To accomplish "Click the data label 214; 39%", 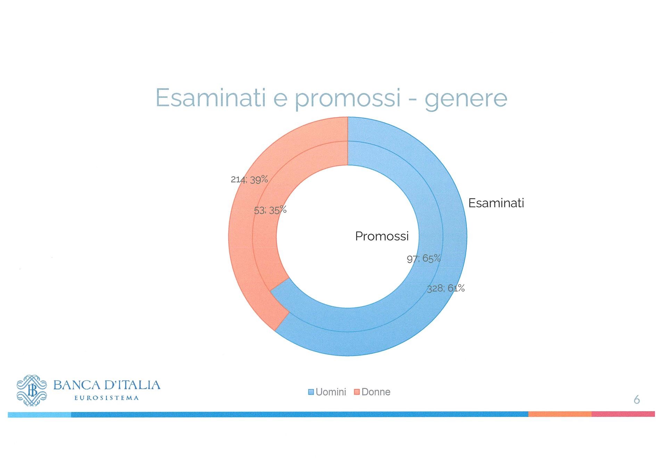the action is point(249,179).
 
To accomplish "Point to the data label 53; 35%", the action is point(270,210).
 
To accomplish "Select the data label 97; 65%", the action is point(424,259).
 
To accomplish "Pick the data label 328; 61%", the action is point(446,288).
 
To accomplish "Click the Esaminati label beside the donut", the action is point(496,203).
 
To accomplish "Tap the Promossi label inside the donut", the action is point(382,236).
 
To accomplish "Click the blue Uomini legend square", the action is point(311,392).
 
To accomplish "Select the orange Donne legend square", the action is point(356,392).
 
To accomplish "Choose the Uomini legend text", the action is point(331,392).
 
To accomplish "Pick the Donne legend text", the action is point(376,392).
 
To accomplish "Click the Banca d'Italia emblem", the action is point(32,390).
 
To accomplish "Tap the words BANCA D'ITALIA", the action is point(107,385).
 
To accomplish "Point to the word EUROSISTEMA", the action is point(107,398).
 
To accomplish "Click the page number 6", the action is point(637,400).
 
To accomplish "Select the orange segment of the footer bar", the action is point(560,414).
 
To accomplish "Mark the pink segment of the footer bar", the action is point(623,414).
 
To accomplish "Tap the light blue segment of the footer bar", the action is point(40,414).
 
